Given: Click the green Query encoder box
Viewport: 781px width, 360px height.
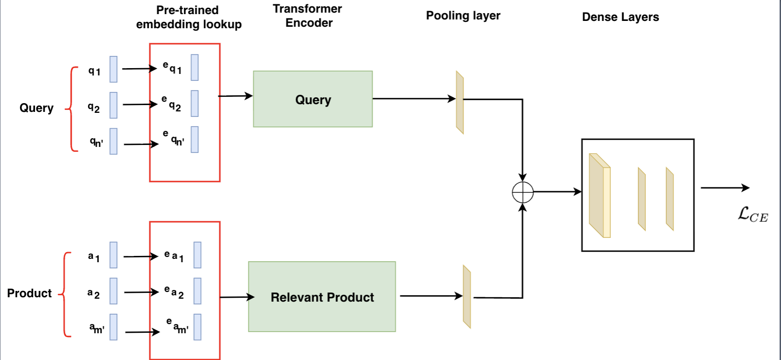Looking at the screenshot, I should pos(313,99).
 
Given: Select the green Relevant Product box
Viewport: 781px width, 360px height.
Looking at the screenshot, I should pos(322,297).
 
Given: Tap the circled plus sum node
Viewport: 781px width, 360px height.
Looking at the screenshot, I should pos(523,192).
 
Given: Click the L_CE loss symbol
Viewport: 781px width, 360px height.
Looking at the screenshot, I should pos(752,215).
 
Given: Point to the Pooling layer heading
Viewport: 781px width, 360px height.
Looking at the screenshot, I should pos(463,16).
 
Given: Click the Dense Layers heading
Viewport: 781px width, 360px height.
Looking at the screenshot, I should pos(620,17).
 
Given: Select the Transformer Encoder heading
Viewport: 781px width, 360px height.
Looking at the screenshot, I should pos(308,16).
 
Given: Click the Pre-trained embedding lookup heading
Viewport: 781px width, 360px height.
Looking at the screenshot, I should pos(188,17).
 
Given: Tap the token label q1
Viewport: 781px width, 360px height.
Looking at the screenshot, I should pos(94,71).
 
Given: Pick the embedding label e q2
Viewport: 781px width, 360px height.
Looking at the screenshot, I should pos(171,104).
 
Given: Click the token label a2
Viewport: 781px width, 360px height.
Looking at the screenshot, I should pos(93,293).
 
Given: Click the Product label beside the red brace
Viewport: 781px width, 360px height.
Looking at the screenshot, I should pos(29,293).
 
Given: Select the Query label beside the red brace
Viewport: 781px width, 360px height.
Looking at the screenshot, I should pos(36,108).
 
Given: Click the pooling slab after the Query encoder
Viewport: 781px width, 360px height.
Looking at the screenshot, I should pos(460,102).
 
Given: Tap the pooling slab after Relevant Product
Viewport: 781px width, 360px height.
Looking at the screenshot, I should pos(467,296).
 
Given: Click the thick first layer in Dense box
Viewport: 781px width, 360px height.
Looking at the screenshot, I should pos(599,196).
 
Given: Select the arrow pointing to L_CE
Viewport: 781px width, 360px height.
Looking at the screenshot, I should pos(725,188).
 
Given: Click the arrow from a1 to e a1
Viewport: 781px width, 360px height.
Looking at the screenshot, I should pos(141,256).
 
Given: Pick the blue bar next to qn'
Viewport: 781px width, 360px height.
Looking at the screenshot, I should pos(113,141).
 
